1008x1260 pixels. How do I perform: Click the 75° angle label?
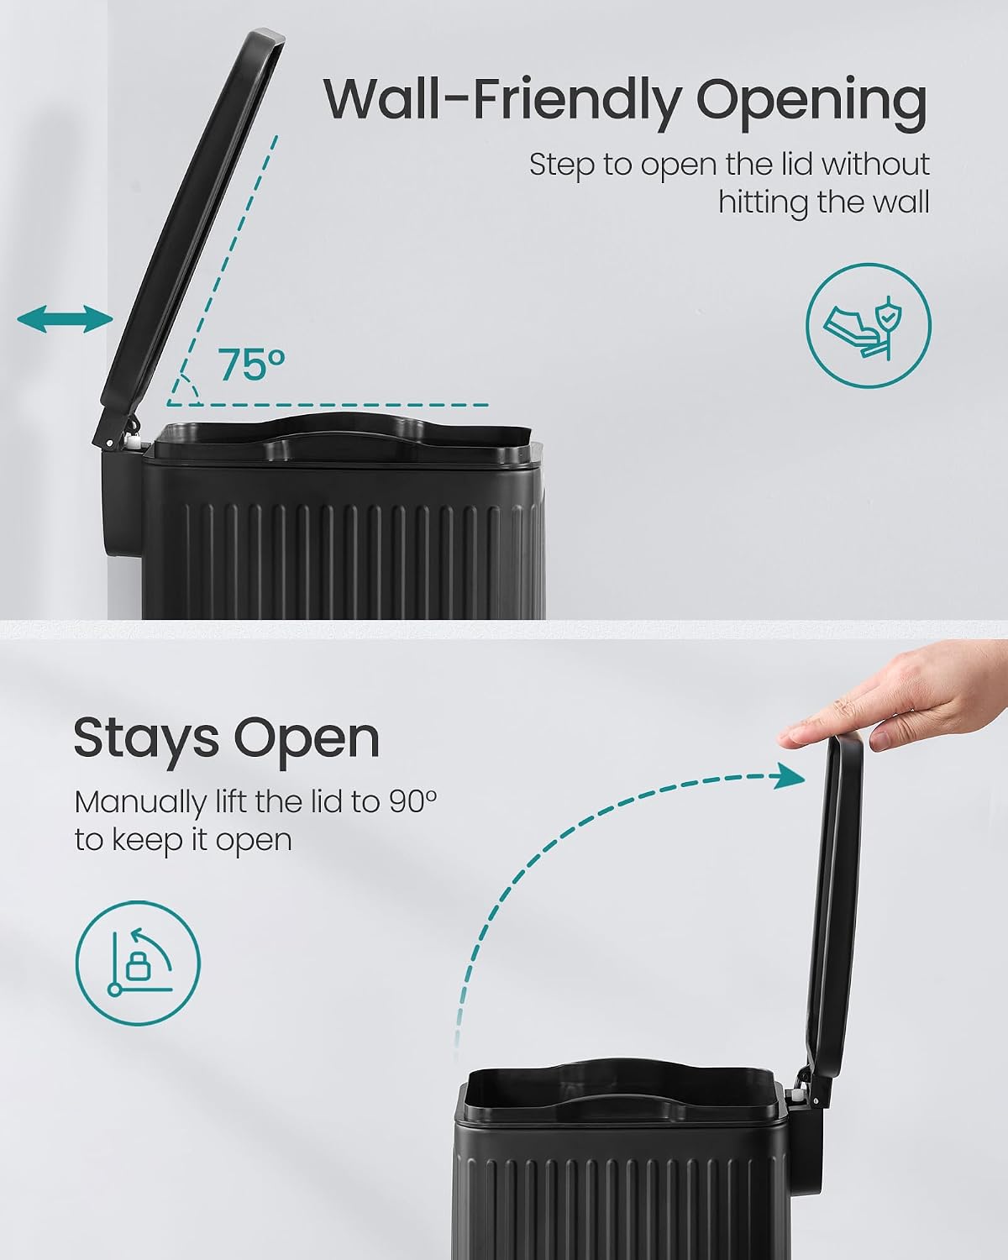pyautogui.click(x=252, y=365)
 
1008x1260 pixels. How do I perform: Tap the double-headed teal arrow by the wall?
pyautogui.click(x=65, y=319)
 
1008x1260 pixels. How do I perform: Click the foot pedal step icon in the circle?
pyautogui.click(x=868, y=326)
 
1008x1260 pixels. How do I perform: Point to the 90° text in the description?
pyautogui.click(x=412, y=801)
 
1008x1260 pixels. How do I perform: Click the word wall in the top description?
pyautogui.click(x=900, y=202)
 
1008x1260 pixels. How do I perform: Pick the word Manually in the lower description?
pyautogui.click(x=140, y=803)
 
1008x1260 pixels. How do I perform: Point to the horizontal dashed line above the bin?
pyautogui.click(x=328, y=405)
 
